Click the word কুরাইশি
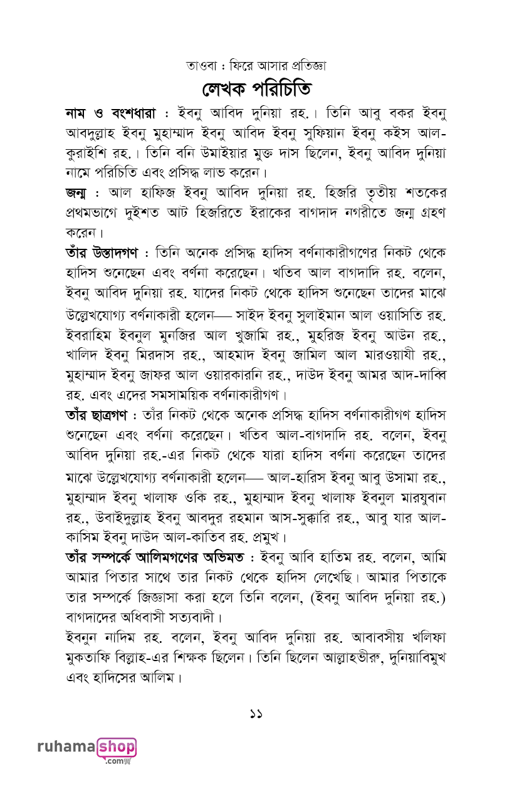pos(85,153)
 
